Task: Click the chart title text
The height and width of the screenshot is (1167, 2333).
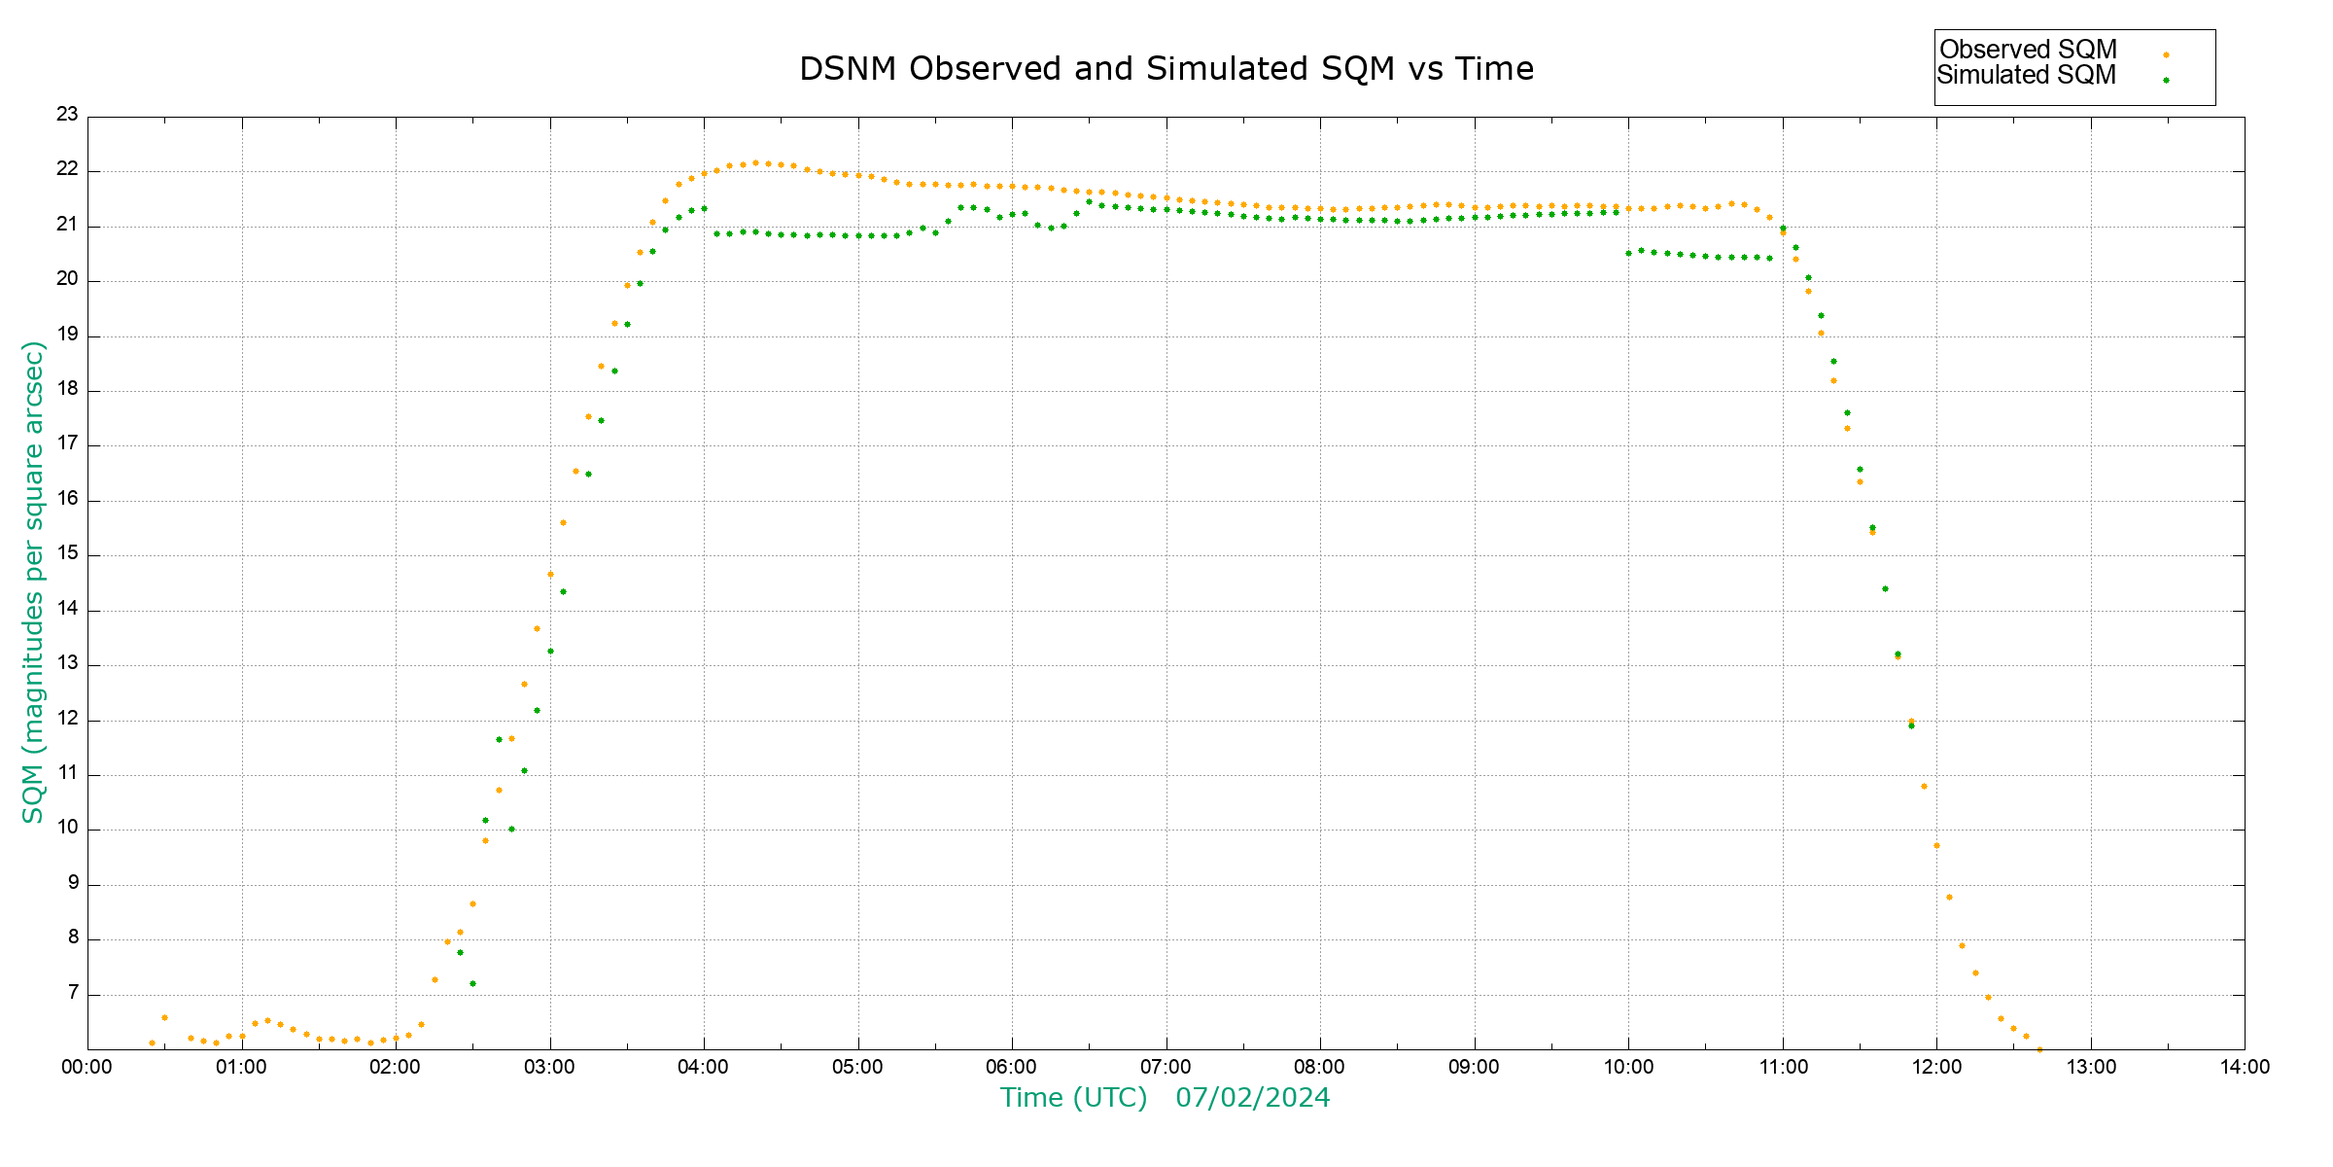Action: pyautogui.click(x=1166, y=69)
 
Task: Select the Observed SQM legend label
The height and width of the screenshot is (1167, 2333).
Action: pyautogui.click(x=2028, y=50)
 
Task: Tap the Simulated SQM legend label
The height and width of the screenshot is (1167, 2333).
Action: pyautogui.click(x=2026, y=75)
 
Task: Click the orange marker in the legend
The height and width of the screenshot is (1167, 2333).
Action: pyautogui.click(x=2166, y=54)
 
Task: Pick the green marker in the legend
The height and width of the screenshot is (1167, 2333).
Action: pyautogui.click(x=2166, y=80)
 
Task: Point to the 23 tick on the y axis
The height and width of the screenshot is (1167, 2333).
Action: pyautogui.click(x=67, y=115)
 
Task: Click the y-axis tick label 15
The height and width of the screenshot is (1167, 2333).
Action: pyautogui.click(x=67, y=554)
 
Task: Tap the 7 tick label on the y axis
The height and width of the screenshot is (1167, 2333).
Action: pyautogui.click(x=73, y=993)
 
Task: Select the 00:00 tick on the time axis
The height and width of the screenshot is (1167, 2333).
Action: pyautogui.click(x=87, y=1067)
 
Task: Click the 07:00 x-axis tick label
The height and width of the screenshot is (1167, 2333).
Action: pyautogui.click(x=1166, y=1067)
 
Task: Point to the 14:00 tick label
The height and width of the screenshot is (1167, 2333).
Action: pyautogui.click(x=2244, y=1067)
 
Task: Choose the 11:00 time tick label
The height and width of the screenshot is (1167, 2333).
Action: pyautogui.click(x=1782, y=1067)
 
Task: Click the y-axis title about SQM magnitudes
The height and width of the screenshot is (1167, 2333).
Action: pyautogui.click(x=33, y=582)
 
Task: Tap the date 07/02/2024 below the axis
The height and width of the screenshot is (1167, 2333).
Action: pyautogui.click(x=1252, y=1098)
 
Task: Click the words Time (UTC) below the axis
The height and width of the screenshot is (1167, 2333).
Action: pyautogui.click(x=1073, y=1098)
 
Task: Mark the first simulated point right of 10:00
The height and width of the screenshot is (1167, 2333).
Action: pyautogui.click(x=1629, y=253)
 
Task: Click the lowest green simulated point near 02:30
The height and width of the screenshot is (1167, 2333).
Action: pyautogui.click(x=472, y=983)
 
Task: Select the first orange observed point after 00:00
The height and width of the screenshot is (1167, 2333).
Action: pyautogui.click(x=152, y=1043)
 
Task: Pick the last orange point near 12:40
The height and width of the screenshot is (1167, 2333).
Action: pyautogui.click(x=2038, y=1049)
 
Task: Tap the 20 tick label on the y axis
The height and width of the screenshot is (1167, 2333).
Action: pyautogui.click(x=67, y=280)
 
